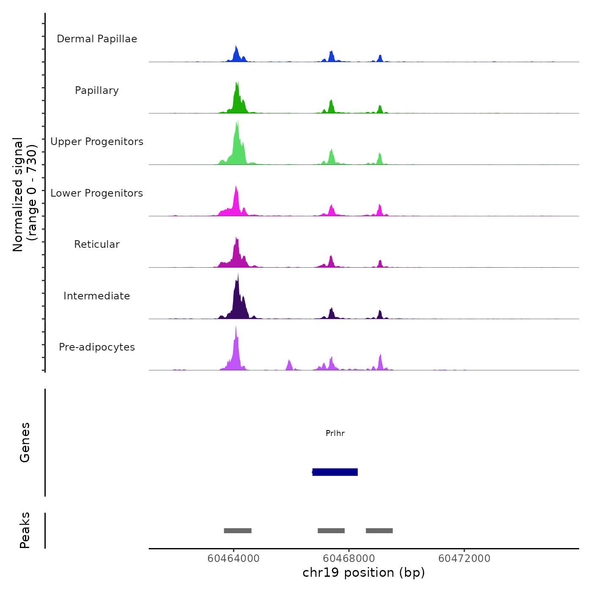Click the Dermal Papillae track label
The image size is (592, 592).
coord(97,39)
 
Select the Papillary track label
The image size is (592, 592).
coord(97,90)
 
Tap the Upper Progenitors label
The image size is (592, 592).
coord(97,142)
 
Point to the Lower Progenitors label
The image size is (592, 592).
coord(97,193)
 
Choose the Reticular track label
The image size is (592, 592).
coord(97,244)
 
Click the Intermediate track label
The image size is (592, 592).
coord(97,296)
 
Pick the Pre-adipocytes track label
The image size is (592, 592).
coord(97,347)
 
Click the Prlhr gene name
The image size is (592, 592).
coord(335,433)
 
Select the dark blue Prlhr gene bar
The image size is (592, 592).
coord(335,472)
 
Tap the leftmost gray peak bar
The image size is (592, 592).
coord(238,531)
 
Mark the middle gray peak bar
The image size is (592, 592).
coord(331,531)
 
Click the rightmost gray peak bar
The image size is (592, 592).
coord(379,531)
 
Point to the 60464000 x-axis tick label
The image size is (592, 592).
coord(233,559)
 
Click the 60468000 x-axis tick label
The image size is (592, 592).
coord(349,559)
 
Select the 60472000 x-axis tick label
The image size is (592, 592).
coord(464,559)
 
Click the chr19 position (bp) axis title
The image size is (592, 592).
coord(364,573)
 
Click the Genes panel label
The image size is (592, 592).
coord(25,442)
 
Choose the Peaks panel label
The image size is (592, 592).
coord(25,530)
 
